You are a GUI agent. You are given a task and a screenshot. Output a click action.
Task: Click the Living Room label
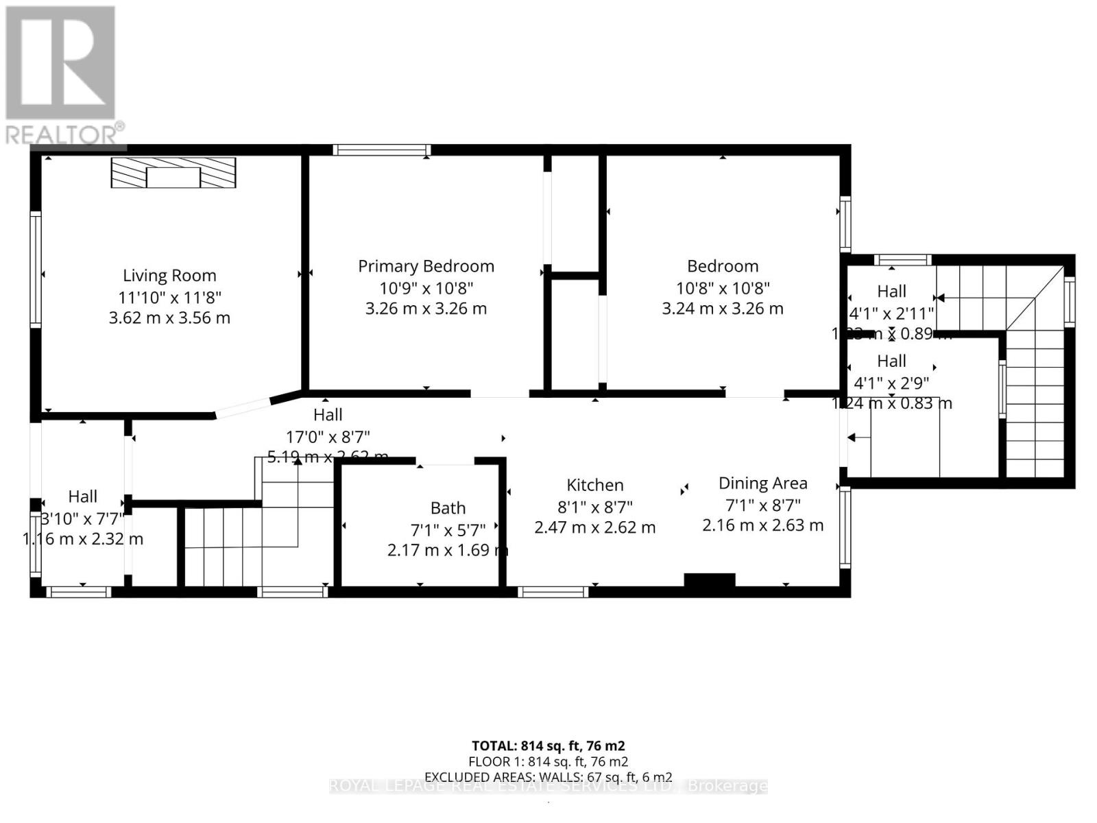[169, 276]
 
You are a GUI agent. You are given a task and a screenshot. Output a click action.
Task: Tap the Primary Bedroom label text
[426, 266]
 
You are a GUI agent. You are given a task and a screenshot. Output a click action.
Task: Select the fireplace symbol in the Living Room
[173, 173]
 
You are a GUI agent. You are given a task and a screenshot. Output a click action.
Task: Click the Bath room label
[448, 508]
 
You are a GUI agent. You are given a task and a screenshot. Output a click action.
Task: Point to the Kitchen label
[594, 485]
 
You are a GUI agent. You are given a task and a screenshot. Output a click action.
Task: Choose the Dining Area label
[762, 483]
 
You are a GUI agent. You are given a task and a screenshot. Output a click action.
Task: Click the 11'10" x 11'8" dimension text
[169, 297]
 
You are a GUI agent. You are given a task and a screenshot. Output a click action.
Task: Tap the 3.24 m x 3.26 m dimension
[722, 309]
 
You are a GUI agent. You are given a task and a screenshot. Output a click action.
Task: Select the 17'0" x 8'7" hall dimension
[328, 436]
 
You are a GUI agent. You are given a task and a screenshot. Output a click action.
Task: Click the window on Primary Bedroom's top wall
[382, 150]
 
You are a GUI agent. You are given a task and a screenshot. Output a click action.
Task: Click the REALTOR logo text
[65, 134]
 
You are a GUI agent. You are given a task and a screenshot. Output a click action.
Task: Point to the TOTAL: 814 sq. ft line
[548, 746]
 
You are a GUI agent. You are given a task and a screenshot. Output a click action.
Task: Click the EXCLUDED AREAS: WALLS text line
[548, 777]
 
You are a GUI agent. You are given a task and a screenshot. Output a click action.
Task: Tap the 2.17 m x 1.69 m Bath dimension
[447, 550]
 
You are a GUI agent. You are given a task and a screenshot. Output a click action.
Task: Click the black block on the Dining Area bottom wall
[710, 580]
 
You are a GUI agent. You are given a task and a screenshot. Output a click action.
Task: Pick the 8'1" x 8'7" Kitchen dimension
[594, 507]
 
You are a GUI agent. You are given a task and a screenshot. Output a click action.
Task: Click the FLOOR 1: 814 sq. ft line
[548, 761]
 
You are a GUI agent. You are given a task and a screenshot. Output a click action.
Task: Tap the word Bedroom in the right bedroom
[722, 266]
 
